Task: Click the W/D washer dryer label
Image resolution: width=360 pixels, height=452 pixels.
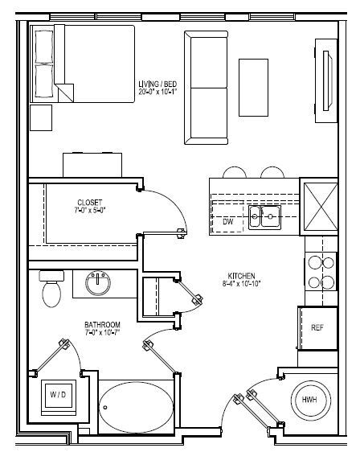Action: pos(58,395)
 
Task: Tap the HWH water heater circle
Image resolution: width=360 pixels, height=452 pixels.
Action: pos(309,400)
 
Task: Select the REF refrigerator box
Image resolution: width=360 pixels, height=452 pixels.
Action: pos(317,327)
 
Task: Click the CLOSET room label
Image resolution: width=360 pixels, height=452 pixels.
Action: pos(89,202)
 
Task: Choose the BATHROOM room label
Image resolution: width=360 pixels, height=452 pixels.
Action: pos(103,324)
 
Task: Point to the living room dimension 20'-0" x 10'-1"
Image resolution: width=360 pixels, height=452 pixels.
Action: pos(157,92)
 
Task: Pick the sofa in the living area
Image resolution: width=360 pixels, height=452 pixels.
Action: pos(206,87)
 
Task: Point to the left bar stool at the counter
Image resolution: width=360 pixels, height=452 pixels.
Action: pos(234,172)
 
